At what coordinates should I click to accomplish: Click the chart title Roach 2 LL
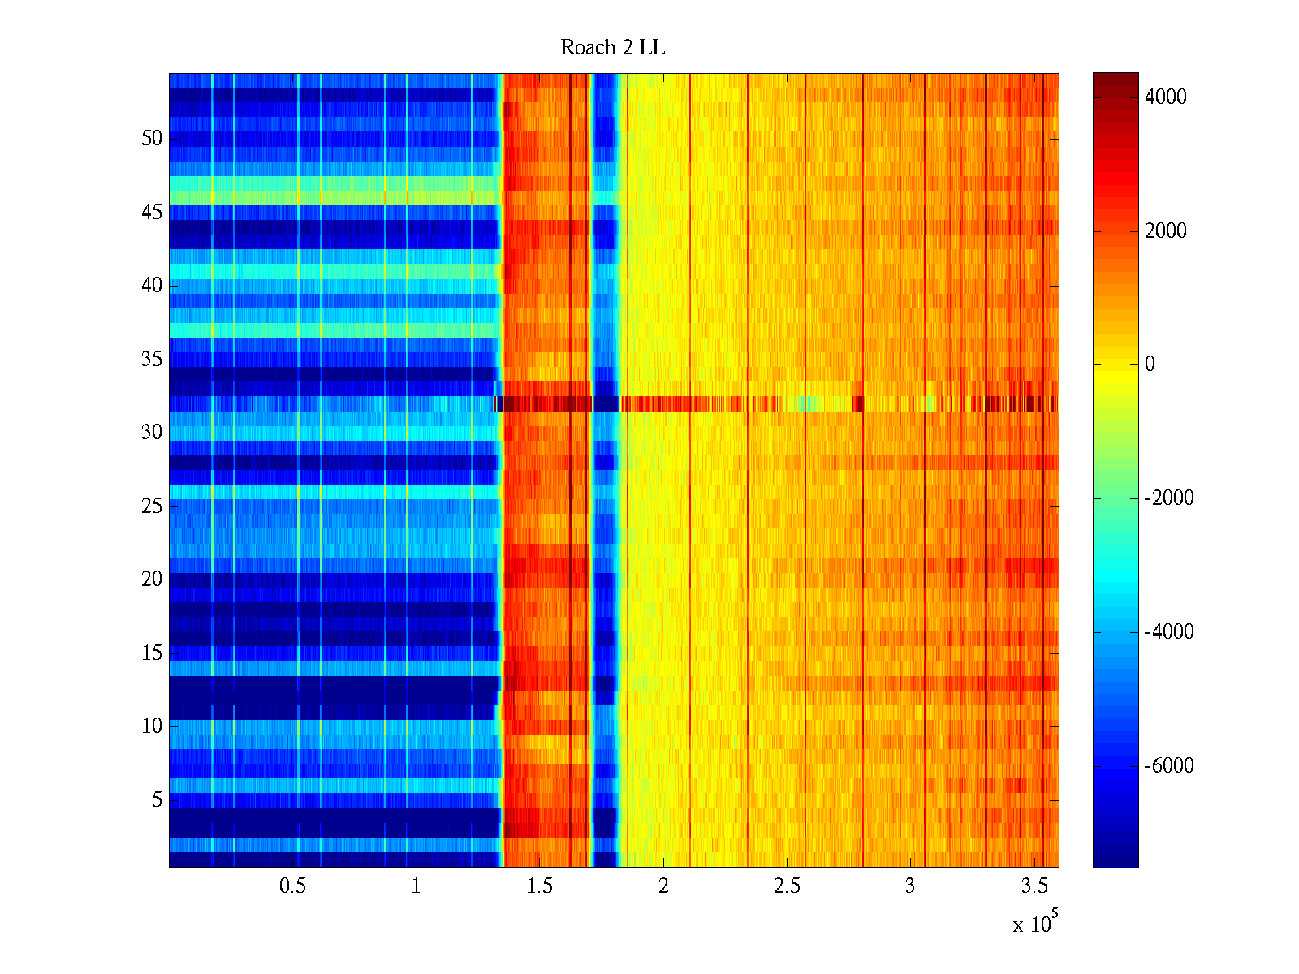click(x=612, y=48)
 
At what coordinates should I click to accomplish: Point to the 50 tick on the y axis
click(x=152, y=139)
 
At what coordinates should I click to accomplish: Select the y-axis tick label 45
click(x=152, y=213)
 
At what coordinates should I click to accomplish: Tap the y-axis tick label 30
click(x=152, y=433)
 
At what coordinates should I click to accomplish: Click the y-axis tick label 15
click(x=152, y=653)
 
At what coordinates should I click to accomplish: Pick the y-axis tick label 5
click(x=157, y=800)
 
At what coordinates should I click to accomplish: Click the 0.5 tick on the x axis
click(x=292, y=886)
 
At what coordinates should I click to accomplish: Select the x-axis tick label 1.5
click(x=539, y=886)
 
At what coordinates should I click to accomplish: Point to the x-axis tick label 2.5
click(x=787, y=886)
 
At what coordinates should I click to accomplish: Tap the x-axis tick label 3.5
click(x=1034, y=886)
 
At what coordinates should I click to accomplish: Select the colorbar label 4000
click(x=1165, y=97)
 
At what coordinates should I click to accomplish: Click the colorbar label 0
click(x=1150, y=364)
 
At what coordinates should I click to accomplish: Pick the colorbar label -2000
click(x=1168, y=498)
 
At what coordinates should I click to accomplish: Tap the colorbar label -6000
click(x=1168, y=766)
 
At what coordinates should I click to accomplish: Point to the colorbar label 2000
click(x=1165, y=231)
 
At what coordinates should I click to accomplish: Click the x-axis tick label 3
click(x=910, y=886)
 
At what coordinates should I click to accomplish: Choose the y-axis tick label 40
click(x=152, y=286)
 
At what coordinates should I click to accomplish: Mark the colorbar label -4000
click(x=1168, y=632)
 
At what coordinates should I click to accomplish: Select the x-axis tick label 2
click(x=663, y=886)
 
